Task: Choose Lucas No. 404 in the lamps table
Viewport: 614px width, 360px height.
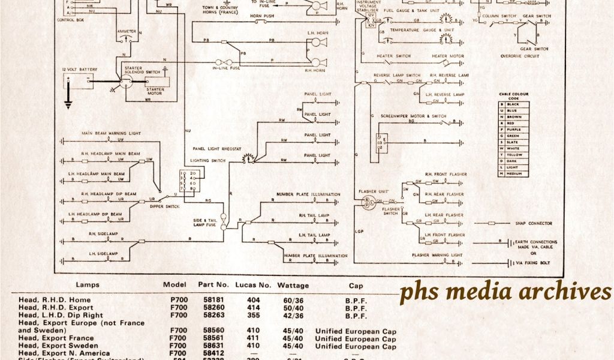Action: click(254, 300)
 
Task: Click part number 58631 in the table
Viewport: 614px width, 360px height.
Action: click(214, 347)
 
